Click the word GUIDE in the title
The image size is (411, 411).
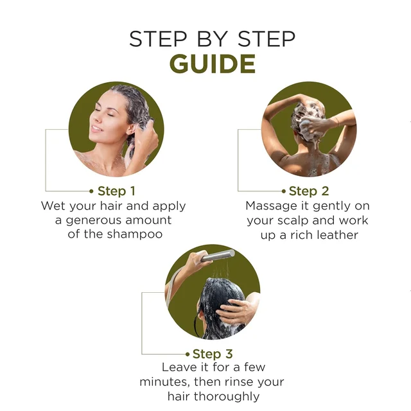(213, 64)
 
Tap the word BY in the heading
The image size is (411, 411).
(213, 39)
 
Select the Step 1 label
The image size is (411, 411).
(116, 191)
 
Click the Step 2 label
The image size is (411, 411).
(309, 191)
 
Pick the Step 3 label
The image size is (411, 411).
(213, 354)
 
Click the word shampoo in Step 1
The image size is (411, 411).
(135, 234)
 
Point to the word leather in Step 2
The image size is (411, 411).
(337, 235)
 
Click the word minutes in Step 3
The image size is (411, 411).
(164, 382)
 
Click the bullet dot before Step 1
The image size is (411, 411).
(91, 191)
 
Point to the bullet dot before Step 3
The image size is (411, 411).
(188, 354)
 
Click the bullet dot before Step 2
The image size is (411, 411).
(284, 191)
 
